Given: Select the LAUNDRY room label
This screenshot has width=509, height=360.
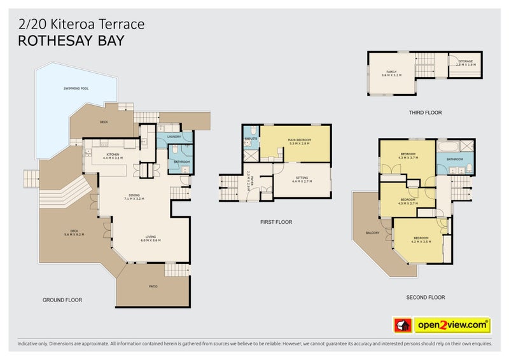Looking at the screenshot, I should pyautogui.click(x=174, y=137).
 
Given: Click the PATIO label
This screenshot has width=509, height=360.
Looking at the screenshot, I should pyautogui.click(x=153, y=286).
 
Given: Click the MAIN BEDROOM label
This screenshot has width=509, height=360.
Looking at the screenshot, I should pyautogui.click(x=298, y=142).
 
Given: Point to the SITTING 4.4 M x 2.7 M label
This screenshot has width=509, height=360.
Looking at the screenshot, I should pyautogui.click(x=303, y=180).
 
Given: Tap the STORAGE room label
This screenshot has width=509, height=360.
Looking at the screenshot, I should pyautogui.click(x=466, y=64).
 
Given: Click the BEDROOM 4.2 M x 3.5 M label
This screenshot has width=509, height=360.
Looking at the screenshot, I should pyautogui.click(x=421, y=240).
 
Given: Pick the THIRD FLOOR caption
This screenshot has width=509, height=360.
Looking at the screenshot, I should pyautogui.click(x=425, y=113).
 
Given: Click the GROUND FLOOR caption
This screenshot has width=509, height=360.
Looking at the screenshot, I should pyautogui.click(x=62, y=300).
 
